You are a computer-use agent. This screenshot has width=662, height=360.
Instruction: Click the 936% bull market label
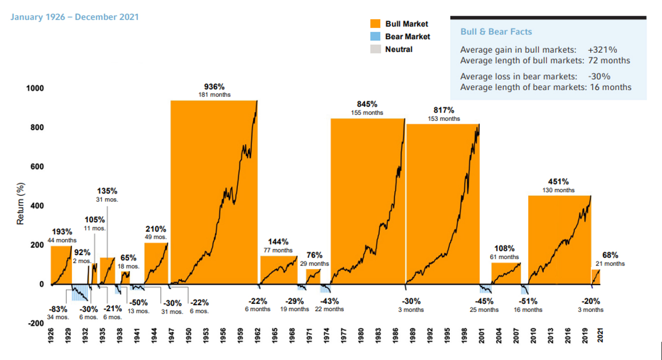tap(214, 87)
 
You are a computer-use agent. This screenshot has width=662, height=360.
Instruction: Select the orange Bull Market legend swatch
tap(376, 24)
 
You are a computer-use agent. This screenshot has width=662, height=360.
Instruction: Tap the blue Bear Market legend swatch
tap(376, 36)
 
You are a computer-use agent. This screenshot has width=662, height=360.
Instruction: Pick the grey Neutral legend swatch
tap(376, 49)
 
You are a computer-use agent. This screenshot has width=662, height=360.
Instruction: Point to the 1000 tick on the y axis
tap(35, 89)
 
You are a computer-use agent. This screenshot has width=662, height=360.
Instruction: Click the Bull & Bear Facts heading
tap(496, 32)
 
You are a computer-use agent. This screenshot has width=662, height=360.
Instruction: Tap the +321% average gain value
tap(602, 50)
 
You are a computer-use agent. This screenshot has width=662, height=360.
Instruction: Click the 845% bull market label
tap(367, 104)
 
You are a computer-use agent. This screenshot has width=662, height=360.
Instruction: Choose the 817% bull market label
tap(444, 110)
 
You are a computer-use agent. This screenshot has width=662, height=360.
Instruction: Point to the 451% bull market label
tap(558, 181)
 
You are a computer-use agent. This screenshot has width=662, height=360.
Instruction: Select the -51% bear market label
tap(528, 301)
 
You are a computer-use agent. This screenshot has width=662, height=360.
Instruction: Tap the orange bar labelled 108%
tap(506, 273)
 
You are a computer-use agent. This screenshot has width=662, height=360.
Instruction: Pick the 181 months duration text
tap(214, 95)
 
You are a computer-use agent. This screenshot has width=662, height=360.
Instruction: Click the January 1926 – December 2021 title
tap(73, 17)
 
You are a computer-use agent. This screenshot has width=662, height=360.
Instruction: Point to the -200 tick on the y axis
tap(35, 324)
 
